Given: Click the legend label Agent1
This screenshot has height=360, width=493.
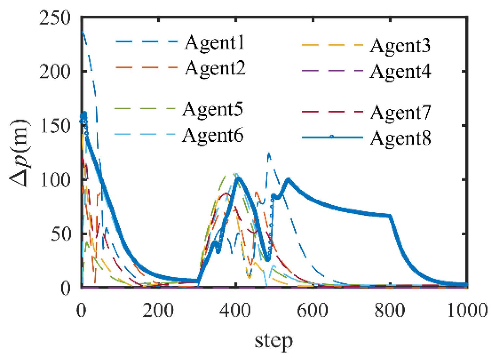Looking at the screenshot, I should click(x=215, y=43).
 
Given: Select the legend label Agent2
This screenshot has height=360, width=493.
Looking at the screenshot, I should click(x=215, y=68).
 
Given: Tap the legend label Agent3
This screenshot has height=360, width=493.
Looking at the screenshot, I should click(x=400, y=46).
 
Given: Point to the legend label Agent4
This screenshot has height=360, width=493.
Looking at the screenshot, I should click(x=401, y=71).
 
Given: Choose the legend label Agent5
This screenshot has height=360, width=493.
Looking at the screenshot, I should click(x=213, y=109).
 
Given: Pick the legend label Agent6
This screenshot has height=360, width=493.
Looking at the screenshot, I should click(x=213, y=135).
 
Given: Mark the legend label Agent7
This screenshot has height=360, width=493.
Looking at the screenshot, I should click(x=401, y=113).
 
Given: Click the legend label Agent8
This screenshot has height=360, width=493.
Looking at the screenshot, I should click(x=401, y=138).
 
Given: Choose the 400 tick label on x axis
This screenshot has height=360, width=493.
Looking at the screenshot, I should click(x=235, y=310).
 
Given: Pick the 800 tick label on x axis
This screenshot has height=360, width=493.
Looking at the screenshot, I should click(x=390, y=310).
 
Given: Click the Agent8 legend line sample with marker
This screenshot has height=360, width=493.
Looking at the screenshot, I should click(x=332, y=137).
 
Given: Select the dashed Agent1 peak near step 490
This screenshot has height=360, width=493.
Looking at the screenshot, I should click(x=269, y=154).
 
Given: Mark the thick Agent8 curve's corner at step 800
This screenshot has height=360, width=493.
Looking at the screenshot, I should click(x=390, y=216).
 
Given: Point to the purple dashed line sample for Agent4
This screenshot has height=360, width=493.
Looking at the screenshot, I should click(x=332, y=71).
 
